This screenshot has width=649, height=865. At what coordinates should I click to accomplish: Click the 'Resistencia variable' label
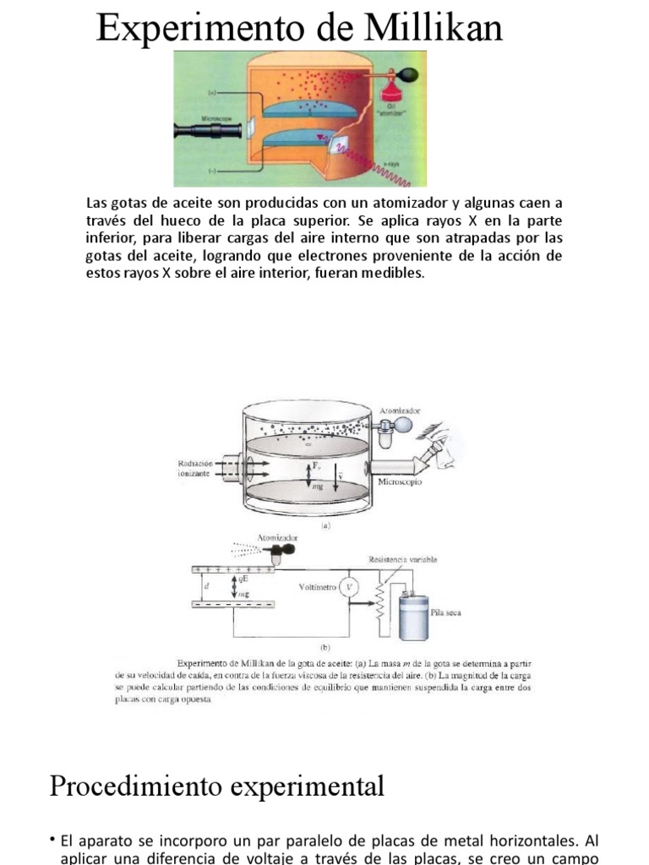pos(402,559)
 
